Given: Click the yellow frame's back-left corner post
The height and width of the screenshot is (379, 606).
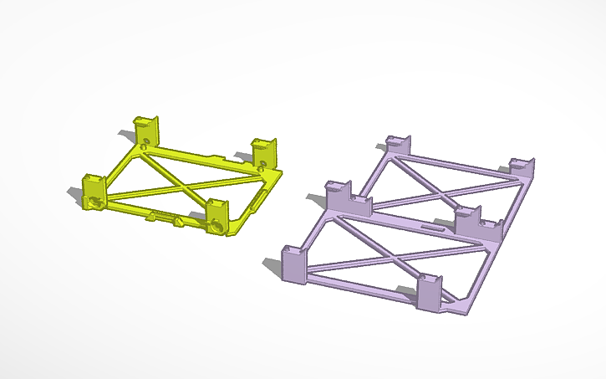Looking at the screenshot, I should pos(148,128).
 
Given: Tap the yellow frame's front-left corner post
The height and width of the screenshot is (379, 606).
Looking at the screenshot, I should pos(92,190).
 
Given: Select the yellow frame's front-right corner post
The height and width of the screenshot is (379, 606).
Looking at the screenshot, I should pos(218,216).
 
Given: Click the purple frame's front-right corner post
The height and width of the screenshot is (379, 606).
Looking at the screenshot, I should pos(428,292).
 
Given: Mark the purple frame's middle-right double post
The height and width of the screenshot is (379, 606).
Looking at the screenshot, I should pos(476,221).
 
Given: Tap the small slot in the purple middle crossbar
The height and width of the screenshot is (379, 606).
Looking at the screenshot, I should pos(431,227).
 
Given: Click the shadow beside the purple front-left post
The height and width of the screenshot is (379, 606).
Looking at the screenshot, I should pos(272,265).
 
